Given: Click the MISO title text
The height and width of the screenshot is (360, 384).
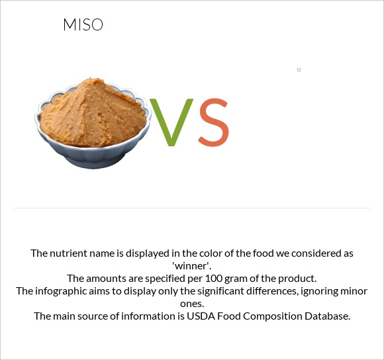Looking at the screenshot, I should click(x=83, y=25).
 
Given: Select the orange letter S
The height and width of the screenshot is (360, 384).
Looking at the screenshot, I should click(x=213, y=123).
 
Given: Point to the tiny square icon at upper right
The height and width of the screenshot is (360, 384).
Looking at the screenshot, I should click(x=299, y=69).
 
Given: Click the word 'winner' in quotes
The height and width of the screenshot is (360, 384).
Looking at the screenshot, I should click(x=191, y=265).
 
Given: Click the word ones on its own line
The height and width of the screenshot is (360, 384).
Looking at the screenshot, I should click(x=192, y=303).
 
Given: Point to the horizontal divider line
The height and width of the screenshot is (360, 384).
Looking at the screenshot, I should click(x=192, y=208).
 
